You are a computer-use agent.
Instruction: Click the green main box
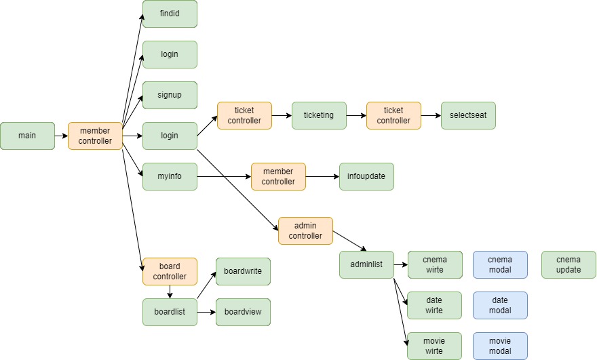(x=27, y=136)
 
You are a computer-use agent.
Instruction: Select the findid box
(x=170, y=14)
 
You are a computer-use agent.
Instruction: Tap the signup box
(x=170, y=95)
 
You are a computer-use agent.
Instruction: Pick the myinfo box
(x=170, y=176)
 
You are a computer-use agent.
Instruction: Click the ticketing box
(x=319, y=115)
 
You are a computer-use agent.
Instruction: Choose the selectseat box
(x=468, y=115)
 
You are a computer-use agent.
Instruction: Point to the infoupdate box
(x=366, y=176)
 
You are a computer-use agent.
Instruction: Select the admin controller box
(x=305, y=231)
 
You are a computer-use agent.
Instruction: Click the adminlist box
(x=366, y=264)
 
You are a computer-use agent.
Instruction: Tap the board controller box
(x=170, y=271)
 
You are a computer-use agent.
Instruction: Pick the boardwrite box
(x=243, y=271)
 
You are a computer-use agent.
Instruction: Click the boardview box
(x=243, y=312)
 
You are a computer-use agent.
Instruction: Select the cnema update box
(x=569, y=264)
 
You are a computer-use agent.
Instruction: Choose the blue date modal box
(x=500, y=305)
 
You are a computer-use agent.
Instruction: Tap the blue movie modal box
(x=500, y=346)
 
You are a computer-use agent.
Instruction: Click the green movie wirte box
(x=434, y=346)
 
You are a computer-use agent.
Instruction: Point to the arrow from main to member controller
(x=61, y=136)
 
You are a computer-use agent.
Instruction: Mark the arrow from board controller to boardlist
(x=170, y=292)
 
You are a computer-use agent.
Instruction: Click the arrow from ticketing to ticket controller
(x=356, y=115)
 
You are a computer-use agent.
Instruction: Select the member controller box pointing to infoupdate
(x=278, y=176)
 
